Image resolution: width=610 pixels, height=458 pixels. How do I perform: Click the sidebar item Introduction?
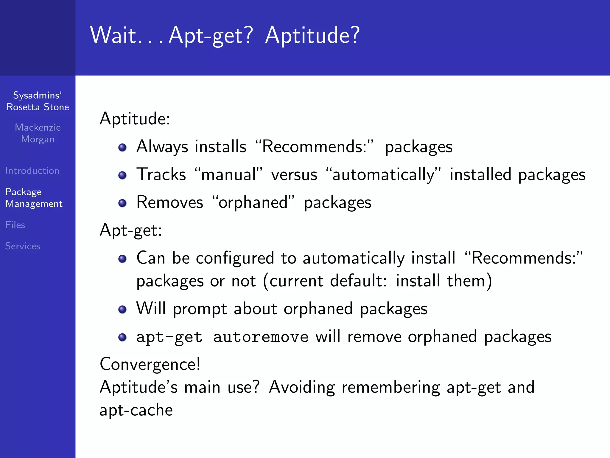point(32,171)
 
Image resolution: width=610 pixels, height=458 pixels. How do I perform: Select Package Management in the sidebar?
point(34,198)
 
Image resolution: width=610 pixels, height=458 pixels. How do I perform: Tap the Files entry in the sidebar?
point(15,225)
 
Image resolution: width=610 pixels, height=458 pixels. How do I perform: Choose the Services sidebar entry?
point(23,246)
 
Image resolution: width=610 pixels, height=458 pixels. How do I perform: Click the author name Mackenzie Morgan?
point(38,133)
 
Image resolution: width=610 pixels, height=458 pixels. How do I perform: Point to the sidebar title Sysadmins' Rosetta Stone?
point(38,101)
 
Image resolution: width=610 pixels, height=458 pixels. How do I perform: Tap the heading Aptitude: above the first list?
point(135,119)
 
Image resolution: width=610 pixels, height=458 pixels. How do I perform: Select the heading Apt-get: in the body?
point(131,230)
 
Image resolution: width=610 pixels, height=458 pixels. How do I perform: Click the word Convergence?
point(150,364)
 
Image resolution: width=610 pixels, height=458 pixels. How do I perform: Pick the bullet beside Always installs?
point(122,147)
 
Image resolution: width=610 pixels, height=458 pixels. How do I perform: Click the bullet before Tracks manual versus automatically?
point(122,175)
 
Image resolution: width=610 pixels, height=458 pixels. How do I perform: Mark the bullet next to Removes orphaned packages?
point(122,203)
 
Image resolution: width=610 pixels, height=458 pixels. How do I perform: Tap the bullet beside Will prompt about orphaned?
point(122,309)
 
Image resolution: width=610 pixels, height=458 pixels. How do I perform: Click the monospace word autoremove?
point(261,337)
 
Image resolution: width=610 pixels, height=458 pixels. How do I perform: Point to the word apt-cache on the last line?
point(136,410)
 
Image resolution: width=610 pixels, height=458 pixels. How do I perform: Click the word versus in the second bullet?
point(294,175)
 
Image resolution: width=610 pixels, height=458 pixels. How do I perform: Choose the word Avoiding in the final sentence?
point(302,387)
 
